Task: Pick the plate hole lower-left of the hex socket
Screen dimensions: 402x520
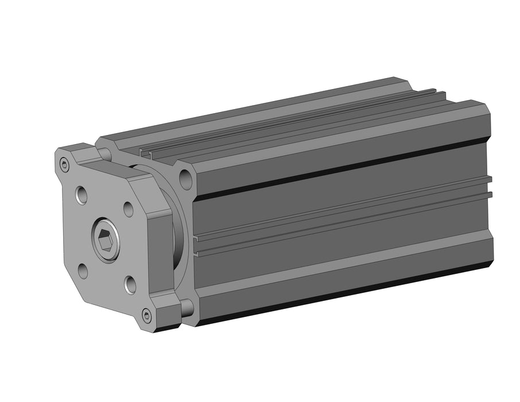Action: [x=83, y=270]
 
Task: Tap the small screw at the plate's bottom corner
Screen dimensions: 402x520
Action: [x=146, y=315]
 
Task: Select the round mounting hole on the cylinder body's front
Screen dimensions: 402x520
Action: [x=185, y=179]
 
